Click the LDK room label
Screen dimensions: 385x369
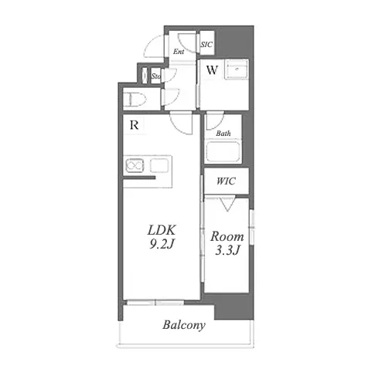coord(162,230)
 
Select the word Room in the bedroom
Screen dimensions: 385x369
coord(227,236)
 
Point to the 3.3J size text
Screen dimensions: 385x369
coord(227,250)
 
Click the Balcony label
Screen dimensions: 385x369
coord(184,325)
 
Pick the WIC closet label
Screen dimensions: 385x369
coord(226,181)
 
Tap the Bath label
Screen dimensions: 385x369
coord(223,134)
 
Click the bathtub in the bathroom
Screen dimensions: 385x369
coord(223,151)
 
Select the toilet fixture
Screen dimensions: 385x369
coord(135,99)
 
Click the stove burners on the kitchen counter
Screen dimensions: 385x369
coord(135,165)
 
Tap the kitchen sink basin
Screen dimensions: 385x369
coord(159,165)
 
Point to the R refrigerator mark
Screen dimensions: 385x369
coord(135,125)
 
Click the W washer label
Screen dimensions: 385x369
coord(212,69)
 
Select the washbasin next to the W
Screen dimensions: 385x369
coord(237,69)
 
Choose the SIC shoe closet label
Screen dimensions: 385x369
coord(206,45)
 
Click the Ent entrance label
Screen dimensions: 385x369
coord(179,52)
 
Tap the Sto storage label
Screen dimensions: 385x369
coord(156,76)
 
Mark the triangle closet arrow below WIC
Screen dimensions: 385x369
coord(227,204)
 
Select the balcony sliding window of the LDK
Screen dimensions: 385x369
coord(155,303)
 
